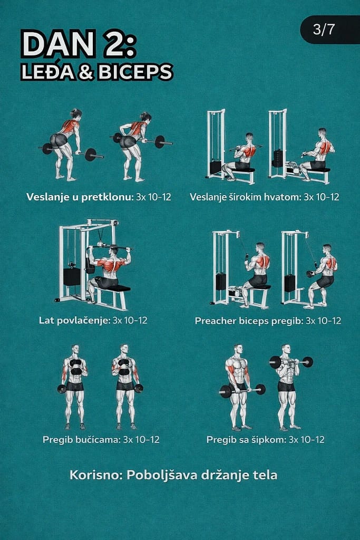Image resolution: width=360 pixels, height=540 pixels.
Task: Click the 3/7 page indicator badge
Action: click(x=330, y=30)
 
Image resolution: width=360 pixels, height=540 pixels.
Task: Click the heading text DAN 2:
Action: click(x=79, y=44)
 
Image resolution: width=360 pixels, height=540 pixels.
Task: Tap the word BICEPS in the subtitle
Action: click(x=135, y=72)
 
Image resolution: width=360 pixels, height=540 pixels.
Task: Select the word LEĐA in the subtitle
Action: click(x=48, y=71)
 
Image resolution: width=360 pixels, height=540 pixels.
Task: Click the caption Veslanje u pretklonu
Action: click(x=80, y=197)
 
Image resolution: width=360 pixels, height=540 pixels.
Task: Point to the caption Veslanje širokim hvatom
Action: click(x=246, y=197)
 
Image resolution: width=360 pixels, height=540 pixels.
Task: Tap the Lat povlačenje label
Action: click(x=74, y=320)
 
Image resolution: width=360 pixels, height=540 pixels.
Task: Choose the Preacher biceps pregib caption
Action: click(x=249, y=321)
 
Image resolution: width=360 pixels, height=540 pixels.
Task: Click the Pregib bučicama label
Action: click(x=82, y=440)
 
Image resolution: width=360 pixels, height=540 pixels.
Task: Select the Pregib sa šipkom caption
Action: click(x=246, y=440)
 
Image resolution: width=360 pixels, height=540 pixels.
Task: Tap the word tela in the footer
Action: click(x=265, y=475)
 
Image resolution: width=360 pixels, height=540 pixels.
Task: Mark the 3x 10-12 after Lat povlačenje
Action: click(x=130, y=320)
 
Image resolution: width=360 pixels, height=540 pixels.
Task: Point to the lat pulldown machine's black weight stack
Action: click(x=72, y=276)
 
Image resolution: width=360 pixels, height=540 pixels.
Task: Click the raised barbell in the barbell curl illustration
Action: click(x=291, y=362)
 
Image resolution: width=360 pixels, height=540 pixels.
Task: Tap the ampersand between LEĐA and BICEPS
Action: click(x=86, y=72)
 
